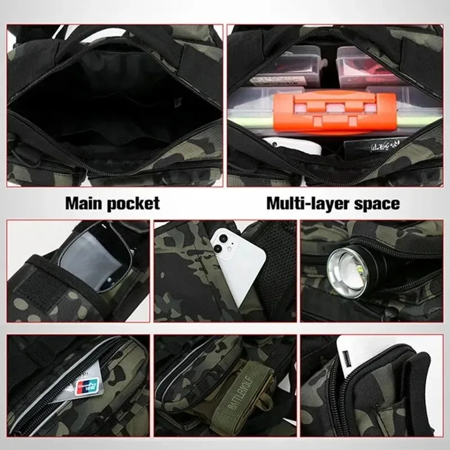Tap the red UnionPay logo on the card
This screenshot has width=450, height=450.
[x=83, y=385]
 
